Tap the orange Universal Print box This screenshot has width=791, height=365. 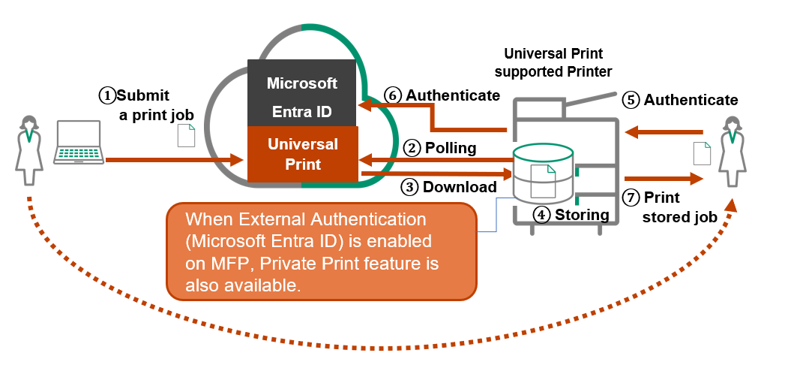[302, 153]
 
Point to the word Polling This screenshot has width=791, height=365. [450, 148]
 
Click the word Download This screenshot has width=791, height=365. [459, 187]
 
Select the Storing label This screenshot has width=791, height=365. [581, 215]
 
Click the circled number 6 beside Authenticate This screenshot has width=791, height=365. [394, 95]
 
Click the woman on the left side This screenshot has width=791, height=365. [29, 149]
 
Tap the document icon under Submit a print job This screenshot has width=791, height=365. [185, 135]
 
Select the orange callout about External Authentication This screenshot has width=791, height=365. [322, 251]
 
